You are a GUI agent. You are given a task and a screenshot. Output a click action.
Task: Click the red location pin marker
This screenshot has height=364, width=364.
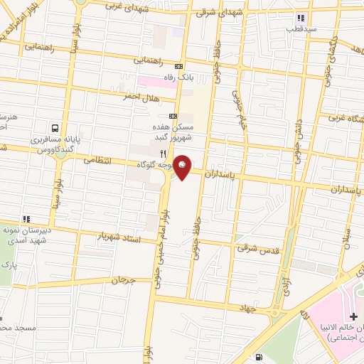183,167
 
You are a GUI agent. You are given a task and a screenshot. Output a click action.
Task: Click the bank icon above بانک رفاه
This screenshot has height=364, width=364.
178,66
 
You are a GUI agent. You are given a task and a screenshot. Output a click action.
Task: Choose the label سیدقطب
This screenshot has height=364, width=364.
301,31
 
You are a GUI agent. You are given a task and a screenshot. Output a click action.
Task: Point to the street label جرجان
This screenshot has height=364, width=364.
123,281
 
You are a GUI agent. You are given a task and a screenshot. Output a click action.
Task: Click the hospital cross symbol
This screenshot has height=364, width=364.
353,315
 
